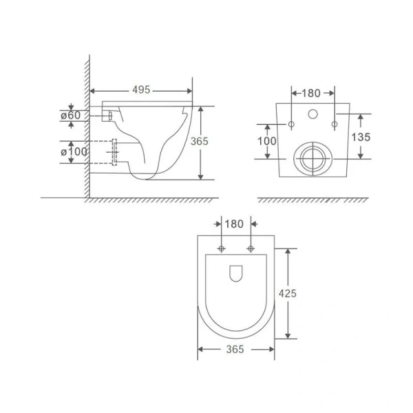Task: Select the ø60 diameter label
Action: click(x=72, y=116)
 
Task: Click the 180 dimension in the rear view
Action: click(x=313, y=92)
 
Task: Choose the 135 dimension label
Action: click(x=361, y=137)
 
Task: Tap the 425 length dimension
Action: click(x=288, y=293)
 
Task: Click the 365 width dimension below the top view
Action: click(x=235, y=350)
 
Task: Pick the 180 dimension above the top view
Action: click(x=235, y=224)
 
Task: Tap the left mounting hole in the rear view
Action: click(x=291, y=125)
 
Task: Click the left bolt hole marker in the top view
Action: click(x=221, y=248)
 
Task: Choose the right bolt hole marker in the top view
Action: click(x=251, y=248)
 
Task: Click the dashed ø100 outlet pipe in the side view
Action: click(x=114, y=151)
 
